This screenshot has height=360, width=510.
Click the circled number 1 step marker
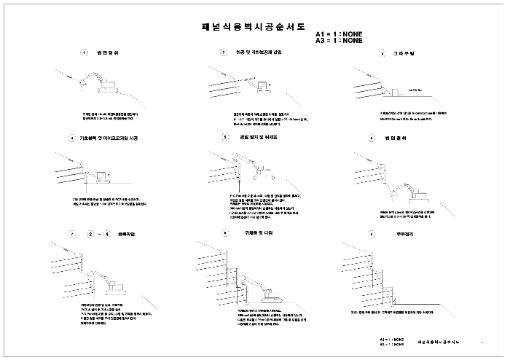click(85, 52)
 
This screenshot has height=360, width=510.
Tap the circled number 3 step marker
click(382, 54)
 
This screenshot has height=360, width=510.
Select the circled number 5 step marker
click(225, 136)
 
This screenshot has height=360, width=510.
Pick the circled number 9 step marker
click(372, 234)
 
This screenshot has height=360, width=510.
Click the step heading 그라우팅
click(403, 54)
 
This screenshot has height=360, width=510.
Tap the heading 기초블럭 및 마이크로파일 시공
click(103, 138)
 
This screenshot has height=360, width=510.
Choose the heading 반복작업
click(125, 234)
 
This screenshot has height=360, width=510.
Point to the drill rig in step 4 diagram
click(98, 176)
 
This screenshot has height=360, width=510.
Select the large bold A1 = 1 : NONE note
click(339, 34)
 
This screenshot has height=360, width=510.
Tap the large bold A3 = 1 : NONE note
click(339, 41)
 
